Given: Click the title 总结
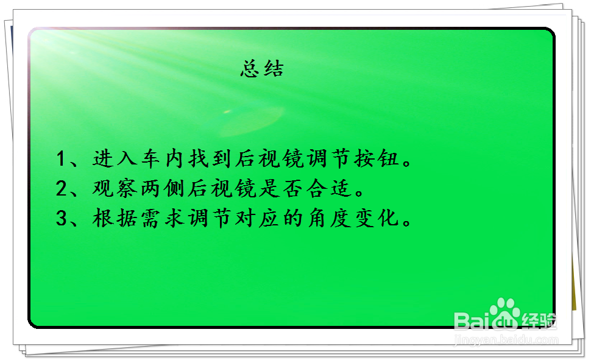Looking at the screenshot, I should (262, 69).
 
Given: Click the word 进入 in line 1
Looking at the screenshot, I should (113, 160).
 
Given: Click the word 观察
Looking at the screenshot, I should (113, 189).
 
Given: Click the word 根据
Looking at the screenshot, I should (113, 218).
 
